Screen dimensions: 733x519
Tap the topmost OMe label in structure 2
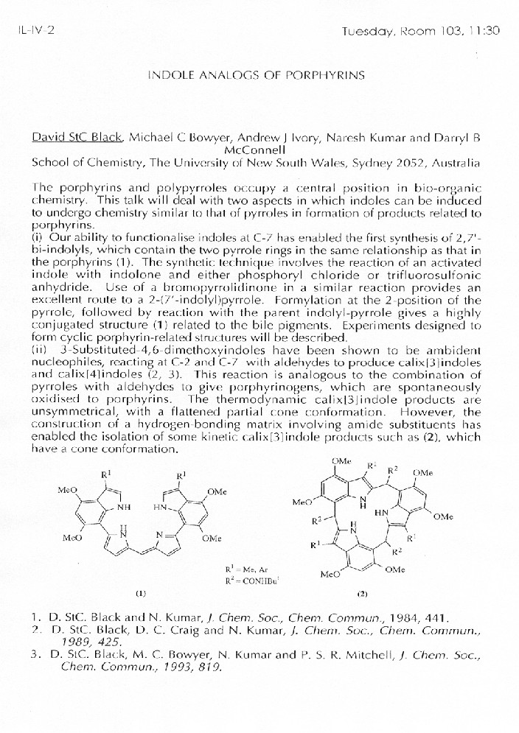tap(341, 460)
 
